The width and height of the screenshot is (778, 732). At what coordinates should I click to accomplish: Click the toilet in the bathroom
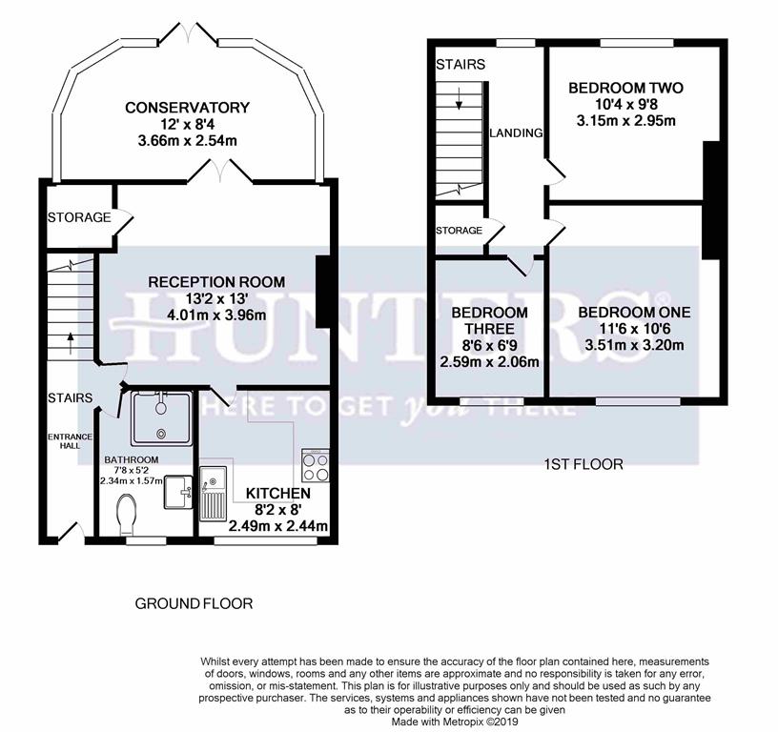click(128, 516)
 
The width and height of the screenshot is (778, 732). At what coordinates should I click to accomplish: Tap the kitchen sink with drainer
click(214, 494)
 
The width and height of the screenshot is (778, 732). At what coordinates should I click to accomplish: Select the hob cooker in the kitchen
click(316, 466)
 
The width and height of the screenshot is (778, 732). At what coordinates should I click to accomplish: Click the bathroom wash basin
click(178, 492)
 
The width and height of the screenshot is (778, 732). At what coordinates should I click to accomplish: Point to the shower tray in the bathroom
click(161, 418)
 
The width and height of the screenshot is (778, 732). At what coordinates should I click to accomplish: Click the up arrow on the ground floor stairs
click(71, 343)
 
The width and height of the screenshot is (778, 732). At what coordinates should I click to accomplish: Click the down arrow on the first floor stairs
click(459, 98)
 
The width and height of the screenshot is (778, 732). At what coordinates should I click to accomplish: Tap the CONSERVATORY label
click(187, 108)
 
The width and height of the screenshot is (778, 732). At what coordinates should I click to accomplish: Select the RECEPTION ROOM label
click(216, 282)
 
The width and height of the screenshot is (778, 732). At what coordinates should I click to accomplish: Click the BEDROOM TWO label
click(625, 89)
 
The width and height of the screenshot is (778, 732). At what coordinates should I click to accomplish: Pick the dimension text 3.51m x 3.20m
click(635, 345)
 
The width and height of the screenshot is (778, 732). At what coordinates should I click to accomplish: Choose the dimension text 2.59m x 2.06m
click(490, 362)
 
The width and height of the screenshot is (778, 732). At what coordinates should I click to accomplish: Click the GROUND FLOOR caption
click(194, 603)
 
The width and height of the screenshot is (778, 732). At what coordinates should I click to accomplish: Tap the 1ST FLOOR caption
click(583, 464)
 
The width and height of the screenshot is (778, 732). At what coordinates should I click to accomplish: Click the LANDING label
click(516, 132)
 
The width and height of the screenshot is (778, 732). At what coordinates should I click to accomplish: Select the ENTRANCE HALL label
click(70, 441)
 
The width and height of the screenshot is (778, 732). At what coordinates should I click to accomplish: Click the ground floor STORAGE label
click(79, 217)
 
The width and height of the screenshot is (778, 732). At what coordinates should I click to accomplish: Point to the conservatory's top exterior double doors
click(191, 32)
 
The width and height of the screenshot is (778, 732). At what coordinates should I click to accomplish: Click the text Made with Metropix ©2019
click(455, 722)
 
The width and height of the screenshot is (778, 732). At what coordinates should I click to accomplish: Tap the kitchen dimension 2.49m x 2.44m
click(277, 526)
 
